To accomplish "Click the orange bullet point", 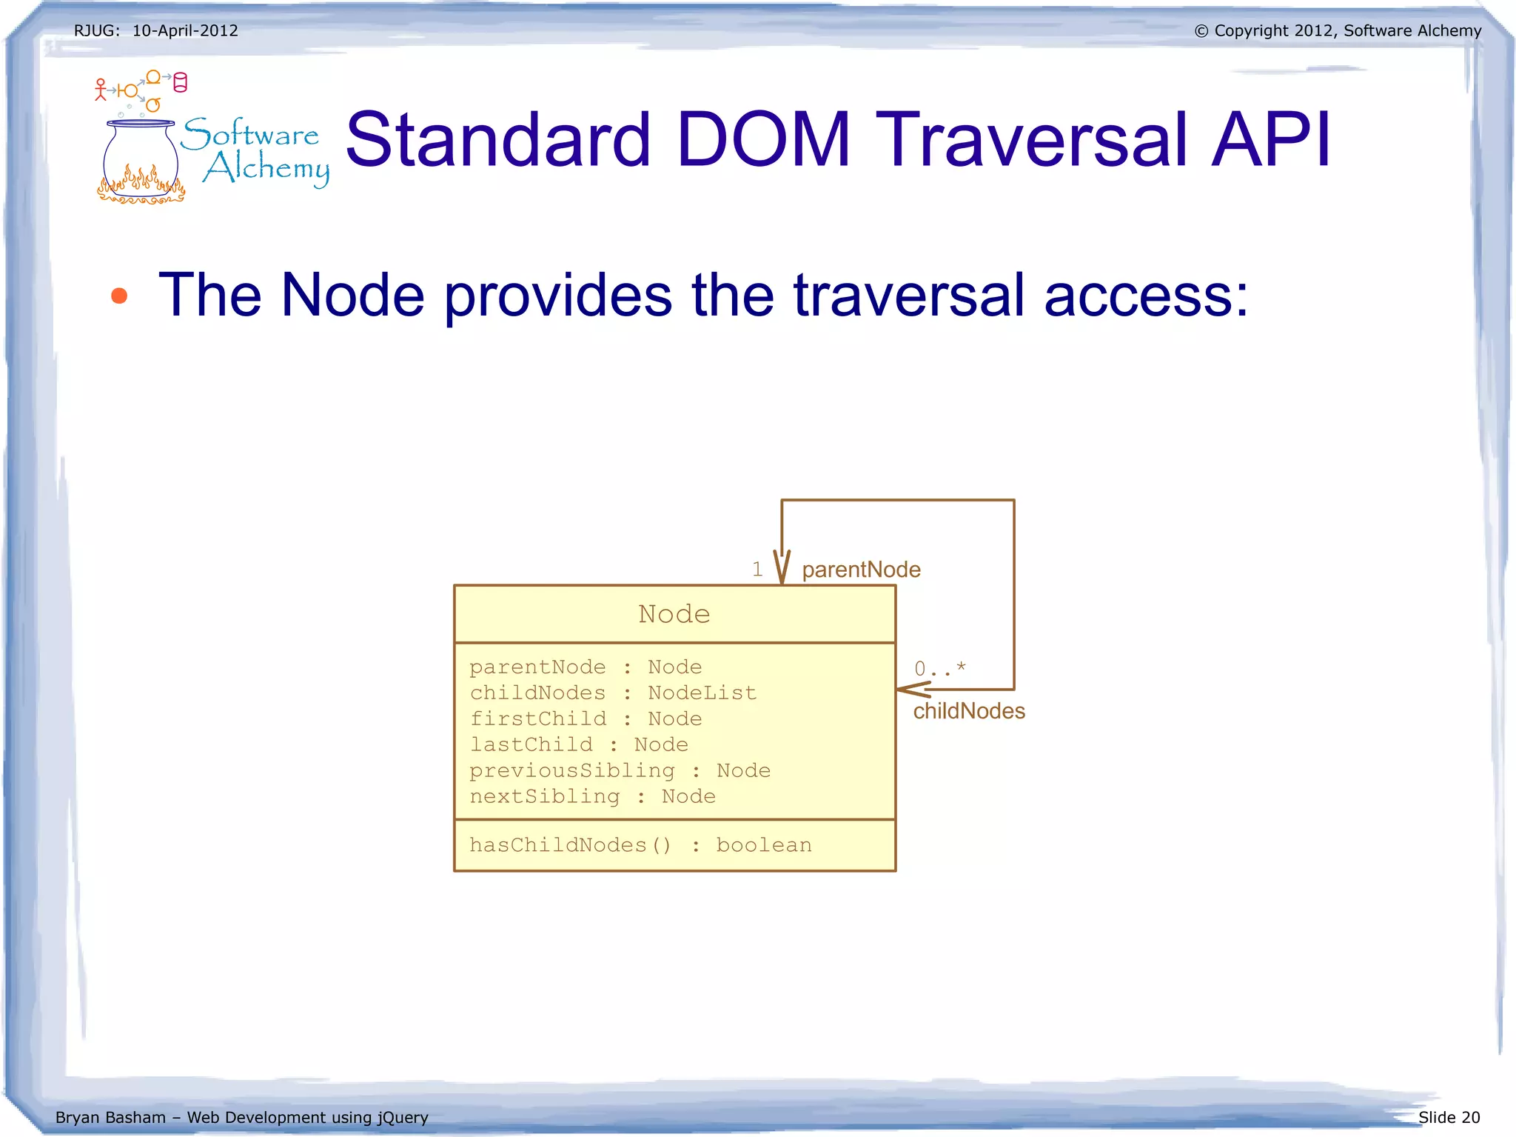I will click(119, 296).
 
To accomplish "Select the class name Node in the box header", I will click(674, 614).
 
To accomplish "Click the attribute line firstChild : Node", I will click(586, 718).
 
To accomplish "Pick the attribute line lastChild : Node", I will click(579, 744).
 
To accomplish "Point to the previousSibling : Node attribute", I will click(620, 770).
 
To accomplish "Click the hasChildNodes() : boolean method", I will click(640, 845).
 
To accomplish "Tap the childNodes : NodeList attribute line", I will click(613, 693).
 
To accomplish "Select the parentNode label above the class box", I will click(861, 570).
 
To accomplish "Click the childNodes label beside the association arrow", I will click(969, 711).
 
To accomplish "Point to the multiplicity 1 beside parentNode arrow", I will click(757, 569).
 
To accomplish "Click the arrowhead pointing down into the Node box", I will click(782, 569).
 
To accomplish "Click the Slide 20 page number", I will click(1449, 1117).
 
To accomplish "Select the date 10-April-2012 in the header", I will click(185, 30).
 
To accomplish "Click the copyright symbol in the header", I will click(1201, 31).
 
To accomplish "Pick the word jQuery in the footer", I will click(403, 1117).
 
